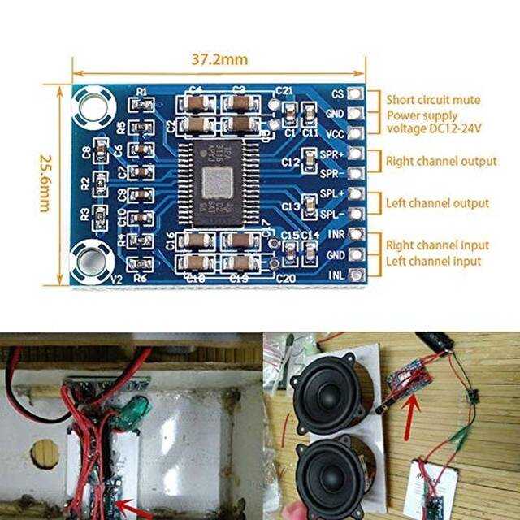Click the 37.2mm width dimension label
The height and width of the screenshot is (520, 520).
click(219, 59)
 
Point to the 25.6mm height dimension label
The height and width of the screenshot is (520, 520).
click(41, 185)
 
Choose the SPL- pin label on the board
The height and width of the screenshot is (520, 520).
click(331, 214)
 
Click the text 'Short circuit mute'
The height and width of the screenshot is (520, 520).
click(433, 100)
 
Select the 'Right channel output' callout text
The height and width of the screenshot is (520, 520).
click(441, 161)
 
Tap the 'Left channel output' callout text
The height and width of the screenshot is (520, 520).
click(437, 203)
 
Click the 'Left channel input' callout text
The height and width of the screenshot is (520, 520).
click(433, 261)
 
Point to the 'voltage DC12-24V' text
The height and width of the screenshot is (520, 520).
click(432, 128)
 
